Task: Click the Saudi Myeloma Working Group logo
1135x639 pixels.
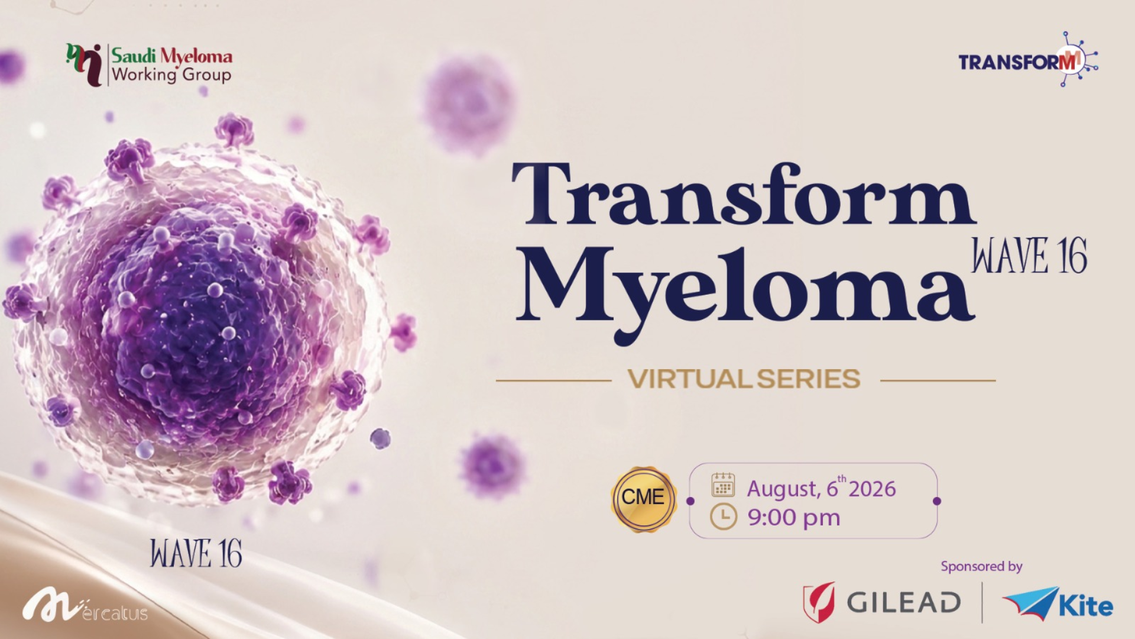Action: point(149,65)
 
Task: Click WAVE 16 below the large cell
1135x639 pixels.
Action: point(196,554)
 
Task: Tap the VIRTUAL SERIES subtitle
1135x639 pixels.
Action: point(744,379)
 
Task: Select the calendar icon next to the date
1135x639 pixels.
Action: point(723,485)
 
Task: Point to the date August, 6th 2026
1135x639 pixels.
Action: point(821,487)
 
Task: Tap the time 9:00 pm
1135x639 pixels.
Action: point(793,518)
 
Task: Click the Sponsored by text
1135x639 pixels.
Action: point(981,567)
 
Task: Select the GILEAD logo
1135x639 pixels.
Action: point(881,602)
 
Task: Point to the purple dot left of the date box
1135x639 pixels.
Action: point(690,501)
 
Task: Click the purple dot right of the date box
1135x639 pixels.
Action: point(936,501)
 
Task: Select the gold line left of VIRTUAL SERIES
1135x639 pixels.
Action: point(553,381)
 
